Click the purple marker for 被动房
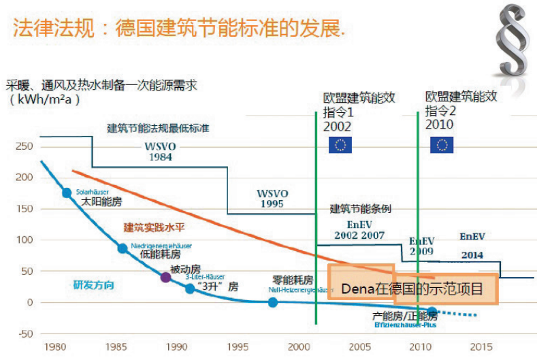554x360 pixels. tap(165, 278)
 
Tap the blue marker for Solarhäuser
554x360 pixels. tap(67, 193)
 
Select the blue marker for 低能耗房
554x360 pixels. tap(123, 248)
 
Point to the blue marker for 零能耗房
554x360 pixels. tap(273, 302)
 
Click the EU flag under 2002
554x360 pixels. tap(340, 144)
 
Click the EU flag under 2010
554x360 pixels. tap(442, 144)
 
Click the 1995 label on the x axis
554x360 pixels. tap(238, 347)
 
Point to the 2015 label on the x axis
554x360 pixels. tap(481, 347)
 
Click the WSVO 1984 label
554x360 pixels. tap(161, 151)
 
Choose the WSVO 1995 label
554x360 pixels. tap(272, 198)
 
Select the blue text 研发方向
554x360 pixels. tap(93, 285)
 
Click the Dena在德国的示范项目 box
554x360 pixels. tap(412, 288)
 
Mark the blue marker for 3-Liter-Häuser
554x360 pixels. tap(190, 289)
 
